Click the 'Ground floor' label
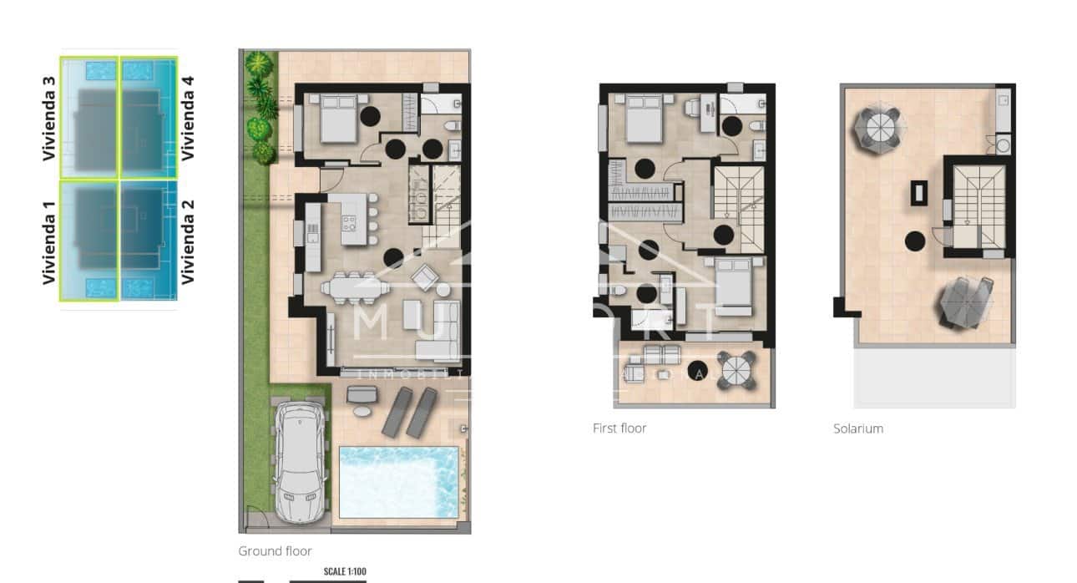pos(275,551)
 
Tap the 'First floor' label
pos(619,428)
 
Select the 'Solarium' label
pos(857,428)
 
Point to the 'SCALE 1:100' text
pos(344,571)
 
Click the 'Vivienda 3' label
pos(50,118)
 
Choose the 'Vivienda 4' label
pos(188,118)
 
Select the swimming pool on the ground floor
pos(398,482)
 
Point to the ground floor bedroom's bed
pos(337,119)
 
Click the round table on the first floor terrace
pos(738,370)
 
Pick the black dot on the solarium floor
pos(915,242)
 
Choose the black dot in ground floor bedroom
pos(369,117)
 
